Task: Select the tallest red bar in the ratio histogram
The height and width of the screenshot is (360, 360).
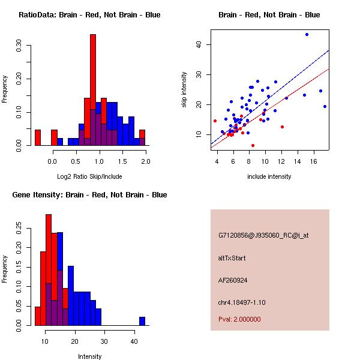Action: [93, 90]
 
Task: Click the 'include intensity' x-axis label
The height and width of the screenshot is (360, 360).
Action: [269, 176]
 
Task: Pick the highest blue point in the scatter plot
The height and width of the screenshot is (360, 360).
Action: [307, 35]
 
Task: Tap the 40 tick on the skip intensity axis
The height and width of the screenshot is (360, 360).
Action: [200, 44]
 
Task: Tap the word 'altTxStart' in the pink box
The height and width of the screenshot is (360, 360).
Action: [232, 258]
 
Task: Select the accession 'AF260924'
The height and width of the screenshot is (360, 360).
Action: [233, 280]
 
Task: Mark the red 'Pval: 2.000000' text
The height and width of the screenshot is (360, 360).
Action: [239, 319]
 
